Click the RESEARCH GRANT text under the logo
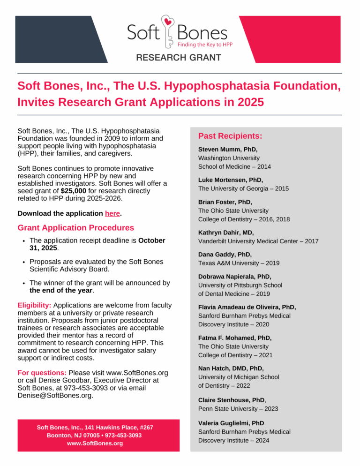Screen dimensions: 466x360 click(179, 58)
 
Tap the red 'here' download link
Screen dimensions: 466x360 click(112, 213)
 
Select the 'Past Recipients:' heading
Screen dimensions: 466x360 click(230, 136)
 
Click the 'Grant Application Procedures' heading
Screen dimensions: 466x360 click(75, 228)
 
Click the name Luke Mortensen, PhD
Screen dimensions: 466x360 click(231, 180)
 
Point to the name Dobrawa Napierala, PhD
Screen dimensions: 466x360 click(235, 277)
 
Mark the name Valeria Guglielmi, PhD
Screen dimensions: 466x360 click(231, 423)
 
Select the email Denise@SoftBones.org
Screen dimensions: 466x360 click(54, 395)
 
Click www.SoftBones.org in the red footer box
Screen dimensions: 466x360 click(95, 443)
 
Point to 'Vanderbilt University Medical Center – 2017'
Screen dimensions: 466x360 click(258, 241)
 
